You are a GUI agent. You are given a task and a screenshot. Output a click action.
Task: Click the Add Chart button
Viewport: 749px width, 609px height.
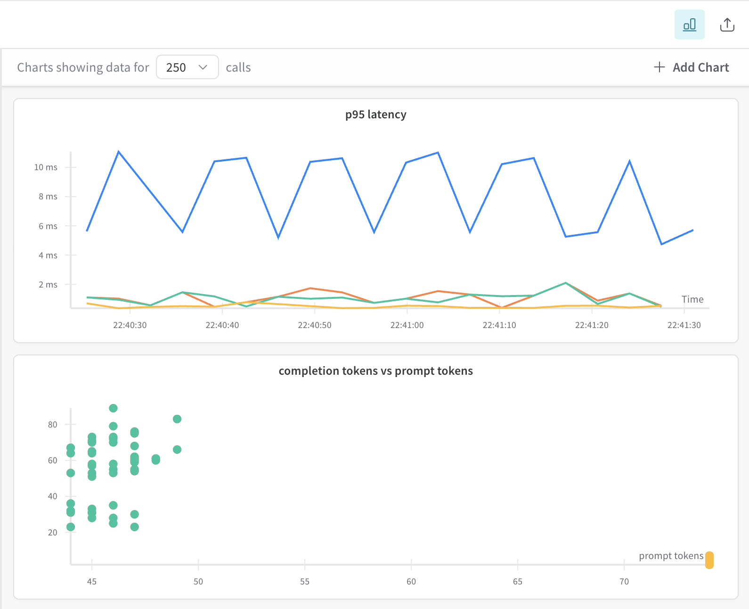[692, 67]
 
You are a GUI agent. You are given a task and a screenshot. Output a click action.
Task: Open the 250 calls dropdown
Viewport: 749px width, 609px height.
[187, 67]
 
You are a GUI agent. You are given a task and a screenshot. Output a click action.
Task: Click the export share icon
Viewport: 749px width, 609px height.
[727, 25]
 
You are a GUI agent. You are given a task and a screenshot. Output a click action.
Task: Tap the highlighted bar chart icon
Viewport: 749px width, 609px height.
[689, 25]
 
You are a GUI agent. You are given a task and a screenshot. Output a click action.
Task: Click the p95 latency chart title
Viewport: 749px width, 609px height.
[375, 115]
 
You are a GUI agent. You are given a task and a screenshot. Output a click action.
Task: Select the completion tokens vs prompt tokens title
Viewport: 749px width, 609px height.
[375, 371]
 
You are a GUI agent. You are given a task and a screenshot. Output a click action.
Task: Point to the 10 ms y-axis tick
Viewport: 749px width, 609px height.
[46, 167]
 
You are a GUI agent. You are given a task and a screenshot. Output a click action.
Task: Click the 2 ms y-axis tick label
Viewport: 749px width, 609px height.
[48, 285]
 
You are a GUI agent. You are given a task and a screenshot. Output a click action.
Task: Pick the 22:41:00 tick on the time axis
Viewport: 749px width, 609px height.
[407, 325]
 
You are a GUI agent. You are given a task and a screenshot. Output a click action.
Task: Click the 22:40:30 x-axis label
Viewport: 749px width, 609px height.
[130, 325]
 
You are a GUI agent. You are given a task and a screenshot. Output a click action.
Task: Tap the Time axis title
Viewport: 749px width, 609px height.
[692, 299]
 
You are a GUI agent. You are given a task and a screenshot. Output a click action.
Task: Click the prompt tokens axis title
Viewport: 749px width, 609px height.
[671, 556]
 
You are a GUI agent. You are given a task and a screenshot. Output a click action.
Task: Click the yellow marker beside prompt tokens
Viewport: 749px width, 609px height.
[709, 560]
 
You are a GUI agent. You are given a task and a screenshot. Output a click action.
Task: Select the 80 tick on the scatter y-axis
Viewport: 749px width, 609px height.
[52, 425]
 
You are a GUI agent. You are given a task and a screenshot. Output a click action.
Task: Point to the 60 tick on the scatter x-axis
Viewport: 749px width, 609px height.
[411, 582]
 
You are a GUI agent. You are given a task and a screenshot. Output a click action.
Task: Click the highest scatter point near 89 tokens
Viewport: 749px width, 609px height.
[113, 408]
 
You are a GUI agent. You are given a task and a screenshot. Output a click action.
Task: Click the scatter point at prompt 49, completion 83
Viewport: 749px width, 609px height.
[177, 419]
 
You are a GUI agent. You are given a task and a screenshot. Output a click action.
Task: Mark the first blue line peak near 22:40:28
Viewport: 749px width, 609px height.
[119, 152]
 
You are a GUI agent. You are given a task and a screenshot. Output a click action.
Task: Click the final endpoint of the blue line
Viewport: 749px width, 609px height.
[692, 230]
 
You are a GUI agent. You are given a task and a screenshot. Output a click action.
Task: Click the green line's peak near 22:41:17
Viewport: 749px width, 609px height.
[565, 283]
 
